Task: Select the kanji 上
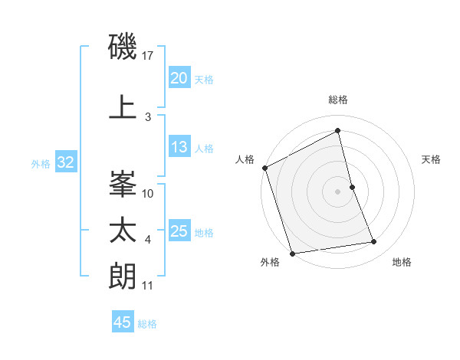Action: click(x=123, y=107)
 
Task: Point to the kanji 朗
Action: click(x=123, y=277)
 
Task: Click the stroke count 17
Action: click(x=149, y=56)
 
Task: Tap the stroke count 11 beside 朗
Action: click(x=148, y=286)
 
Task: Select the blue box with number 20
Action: click(x=179, y=78)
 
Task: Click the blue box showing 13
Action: click(x=179, y=147)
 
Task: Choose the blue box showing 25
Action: click(x=179, y=231)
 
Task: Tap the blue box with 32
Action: click(x=65, y=162)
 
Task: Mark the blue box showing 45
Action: click(x=123, y=322)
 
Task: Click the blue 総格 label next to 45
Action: click(x=147, y=324)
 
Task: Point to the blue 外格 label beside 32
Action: click(x=41, y=163)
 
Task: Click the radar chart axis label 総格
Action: click(x=338, y=100)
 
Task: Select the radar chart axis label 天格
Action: click(x=432, y=159)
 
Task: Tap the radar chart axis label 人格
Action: click(x=245, y=159)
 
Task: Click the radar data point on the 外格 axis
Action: click(x=291, y=253)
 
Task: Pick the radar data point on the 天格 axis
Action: click(x=352, y=187)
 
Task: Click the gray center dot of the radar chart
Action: click(x=338, y=191)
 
